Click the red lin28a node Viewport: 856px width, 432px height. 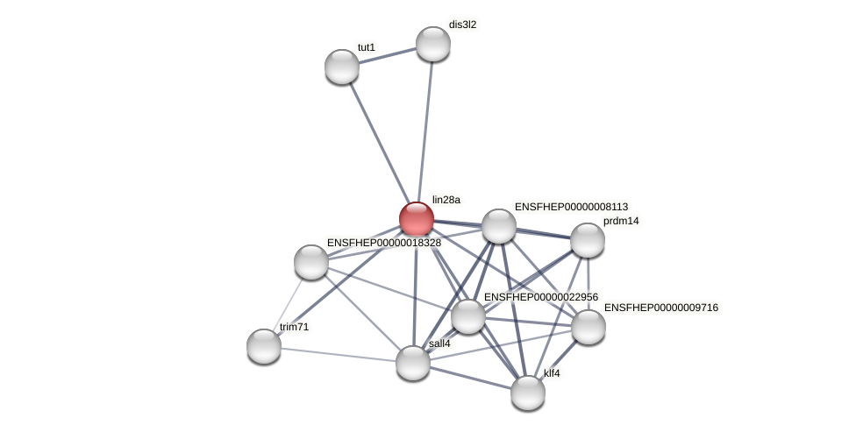417,219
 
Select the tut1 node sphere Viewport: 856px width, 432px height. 342,67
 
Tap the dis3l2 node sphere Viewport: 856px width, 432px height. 433,44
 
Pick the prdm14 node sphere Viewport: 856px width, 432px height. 588,240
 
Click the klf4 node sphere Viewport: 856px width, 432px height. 528,393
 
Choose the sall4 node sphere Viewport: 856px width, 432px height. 413,363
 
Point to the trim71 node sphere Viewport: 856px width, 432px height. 264,346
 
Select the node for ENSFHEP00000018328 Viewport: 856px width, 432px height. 311,262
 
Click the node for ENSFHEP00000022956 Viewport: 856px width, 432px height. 468,316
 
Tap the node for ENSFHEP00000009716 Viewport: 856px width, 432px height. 588,327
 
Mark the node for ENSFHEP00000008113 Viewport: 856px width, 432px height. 499,226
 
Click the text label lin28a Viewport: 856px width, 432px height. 446,200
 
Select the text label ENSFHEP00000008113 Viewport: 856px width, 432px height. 571,207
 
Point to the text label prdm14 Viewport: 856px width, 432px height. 621,221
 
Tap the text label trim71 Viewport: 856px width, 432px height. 294,327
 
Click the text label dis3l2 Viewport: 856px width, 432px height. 462,25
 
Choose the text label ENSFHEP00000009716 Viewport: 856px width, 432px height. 660,308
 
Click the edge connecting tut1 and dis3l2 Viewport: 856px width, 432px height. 388,55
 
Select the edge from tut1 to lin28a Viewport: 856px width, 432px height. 379,142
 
